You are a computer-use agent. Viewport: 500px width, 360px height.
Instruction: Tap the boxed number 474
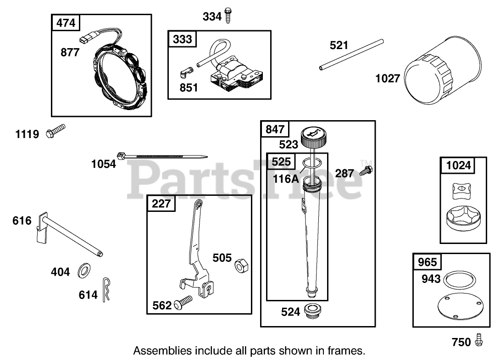click(x=66, y=22)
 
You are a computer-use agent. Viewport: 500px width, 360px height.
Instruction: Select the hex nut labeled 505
click(x=240, y=265)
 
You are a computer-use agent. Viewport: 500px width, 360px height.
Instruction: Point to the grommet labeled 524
click(x=315, y=310)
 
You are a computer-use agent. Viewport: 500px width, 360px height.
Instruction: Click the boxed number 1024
click(x=458, y=165)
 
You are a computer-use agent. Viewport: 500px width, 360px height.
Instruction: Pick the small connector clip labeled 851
click(x=186, y=72)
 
